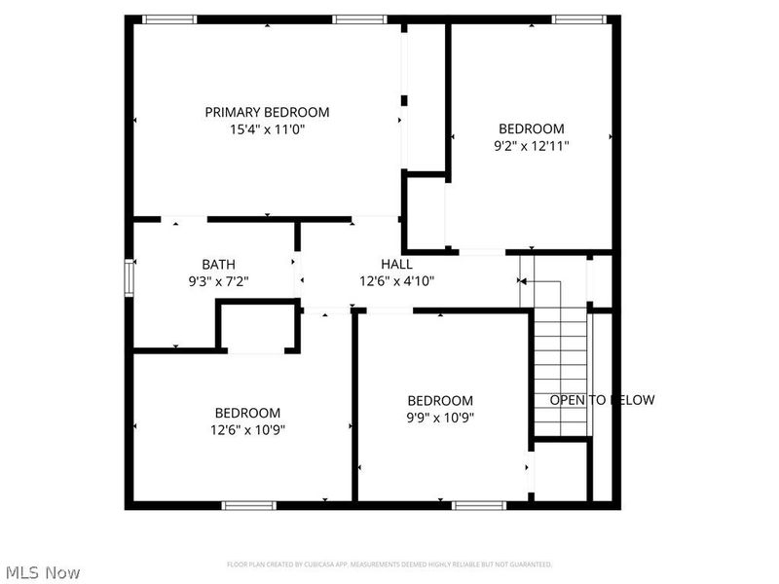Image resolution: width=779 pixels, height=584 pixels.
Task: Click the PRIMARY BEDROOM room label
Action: (267, 112)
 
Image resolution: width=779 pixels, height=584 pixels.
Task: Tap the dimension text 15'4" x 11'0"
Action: (267, 129)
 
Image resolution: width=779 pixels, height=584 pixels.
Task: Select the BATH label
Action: (218, 264)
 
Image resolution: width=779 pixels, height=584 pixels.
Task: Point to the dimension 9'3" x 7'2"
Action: (218, 281)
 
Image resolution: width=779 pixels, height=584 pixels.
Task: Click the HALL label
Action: (396, 264)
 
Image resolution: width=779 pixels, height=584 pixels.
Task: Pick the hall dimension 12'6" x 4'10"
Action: (396, 281)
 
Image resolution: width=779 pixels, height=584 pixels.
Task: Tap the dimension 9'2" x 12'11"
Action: (531, 146)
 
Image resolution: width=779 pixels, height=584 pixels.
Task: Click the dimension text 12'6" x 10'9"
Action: (247, 429)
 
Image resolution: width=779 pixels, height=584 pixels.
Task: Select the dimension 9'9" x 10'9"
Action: (440, 418)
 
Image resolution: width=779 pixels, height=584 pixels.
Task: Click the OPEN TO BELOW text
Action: (602, 400)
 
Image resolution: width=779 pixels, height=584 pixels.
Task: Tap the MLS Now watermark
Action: (42, 572)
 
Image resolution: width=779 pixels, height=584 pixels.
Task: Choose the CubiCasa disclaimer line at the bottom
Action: (389, 565)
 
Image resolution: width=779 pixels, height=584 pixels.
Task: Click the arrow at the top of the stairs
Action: (522, 280)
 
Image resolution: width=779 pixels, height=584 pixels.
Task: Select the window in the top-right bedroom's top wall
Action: (581, 18)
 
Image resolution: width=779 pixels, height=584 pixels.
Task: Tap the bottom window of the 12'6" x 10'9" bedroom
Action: (249, 505)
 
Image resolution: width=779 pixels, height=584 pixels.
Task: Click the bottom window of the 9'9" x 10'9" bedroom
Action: (479, 505)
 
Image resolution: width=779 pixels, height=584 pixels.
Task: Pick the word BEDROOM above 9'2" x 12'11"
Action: (531, 128)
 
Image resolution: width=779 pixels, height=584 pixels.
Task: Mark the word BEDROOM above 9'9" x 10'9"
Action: (440, 400)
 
